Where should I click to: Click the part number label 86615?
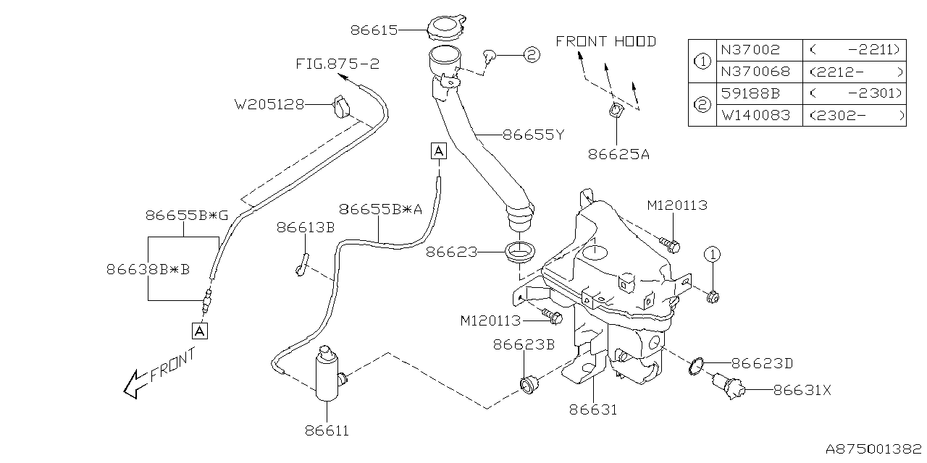pos(374,30)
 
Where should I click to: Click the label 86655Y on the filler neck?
pos(532,134)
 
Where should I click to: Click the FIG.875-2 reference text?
pos(337,64)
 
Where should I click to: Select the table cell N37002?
pos(750,50)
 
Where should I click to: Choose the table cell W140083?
pos(755,115)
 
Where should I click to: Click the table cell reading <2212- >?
pos(855,72)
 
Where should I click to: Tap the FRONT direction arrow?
pos(134,383)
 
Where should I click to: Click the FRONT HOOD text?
pos(605,41)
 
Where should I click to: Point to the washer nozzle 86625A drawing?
pos(615,111)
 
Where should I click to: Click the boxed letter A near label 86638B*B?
pos(200,331)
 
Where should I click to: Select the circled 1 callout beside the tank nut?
pos(712,254)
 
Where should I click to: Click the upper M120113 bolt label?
pos(676,205)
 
